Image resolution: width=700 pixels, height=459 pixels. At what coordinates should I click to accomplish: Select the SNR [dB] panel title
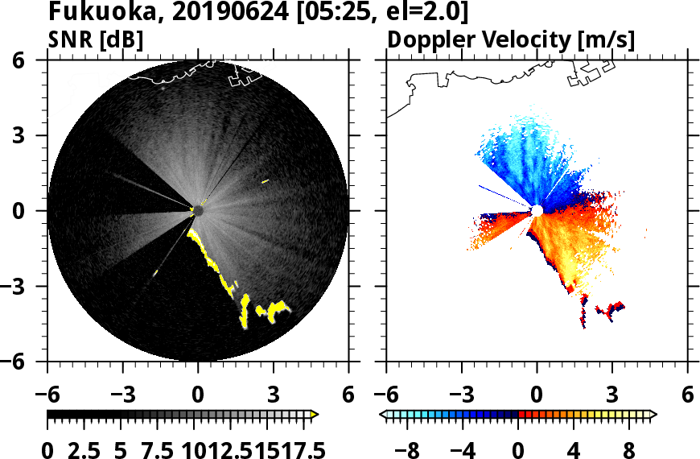point(96,39)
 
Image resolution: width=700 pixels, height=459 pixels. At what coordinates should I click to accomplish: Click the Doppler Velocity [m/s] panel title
point(512,39)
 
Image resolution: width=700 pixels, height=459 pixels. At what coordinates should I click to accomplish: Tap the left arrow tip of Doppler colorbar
point(383,414)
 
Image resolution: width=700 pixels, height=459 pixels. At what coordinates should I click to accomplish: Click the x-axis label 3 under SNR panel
point(273,395)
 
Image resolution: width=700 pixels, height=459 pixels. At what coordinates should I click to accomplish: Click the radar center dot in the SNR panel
point(198,210)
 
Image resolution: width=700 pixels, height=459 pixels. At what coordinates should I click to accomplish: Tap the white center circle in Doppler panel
point(536,210)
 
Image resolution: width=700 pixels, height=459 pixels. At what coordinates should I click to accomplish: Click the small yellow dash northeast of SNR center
point(265,182)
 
